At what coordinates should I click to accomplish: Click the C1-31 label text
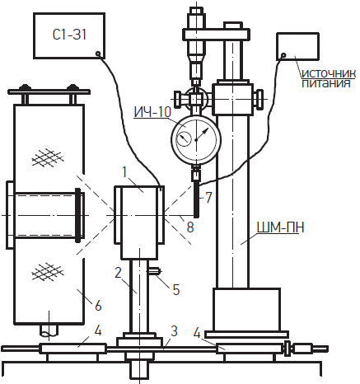[x=69, y=35]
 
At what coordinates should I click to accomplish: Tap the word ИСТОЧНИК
[x=329, y=73]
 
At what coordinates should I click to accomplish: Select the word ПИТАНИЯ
[x=326, y=83]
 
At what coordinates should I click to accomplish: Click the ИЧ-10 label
[x=152, y=112]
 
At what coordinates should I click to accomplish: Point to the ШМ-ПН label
[x=280, y=227]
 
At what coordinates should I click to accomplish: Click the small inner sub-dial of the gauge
[x=184, y=139]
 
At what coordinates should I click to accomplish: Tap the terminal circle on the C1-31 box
[x=98, y=54]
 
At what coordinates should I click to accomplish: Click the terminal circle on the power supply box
[x=284, y=55]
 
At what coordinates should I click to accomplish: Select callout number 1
[x=125, y=172]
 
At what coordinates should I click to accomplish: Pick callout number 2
[x=118, y=273]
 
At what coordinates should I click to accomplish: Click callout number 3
[x=174, y=331]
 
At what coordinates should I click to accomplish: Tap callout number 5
[x=176, y=289]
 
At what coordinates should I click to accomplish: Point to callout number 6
[x=98, y=306]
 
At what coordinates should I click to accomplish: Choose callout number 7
[x=209, y=198]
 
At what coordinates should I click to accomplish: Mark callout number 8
[x=190, y=227]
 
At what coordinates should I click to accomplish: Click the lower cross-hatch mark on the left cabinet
[x=48, y=272]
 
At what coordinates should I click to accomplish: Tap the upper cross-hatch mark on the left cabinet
[x=48, y=157]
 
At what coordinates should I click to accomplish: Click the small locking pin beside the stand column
[x=154, y=272]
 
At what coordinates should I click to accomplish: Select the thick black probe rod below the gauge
[x=196, y=198]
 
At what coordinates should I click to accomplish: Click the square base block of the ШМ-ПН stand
[x=246, y=310]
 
